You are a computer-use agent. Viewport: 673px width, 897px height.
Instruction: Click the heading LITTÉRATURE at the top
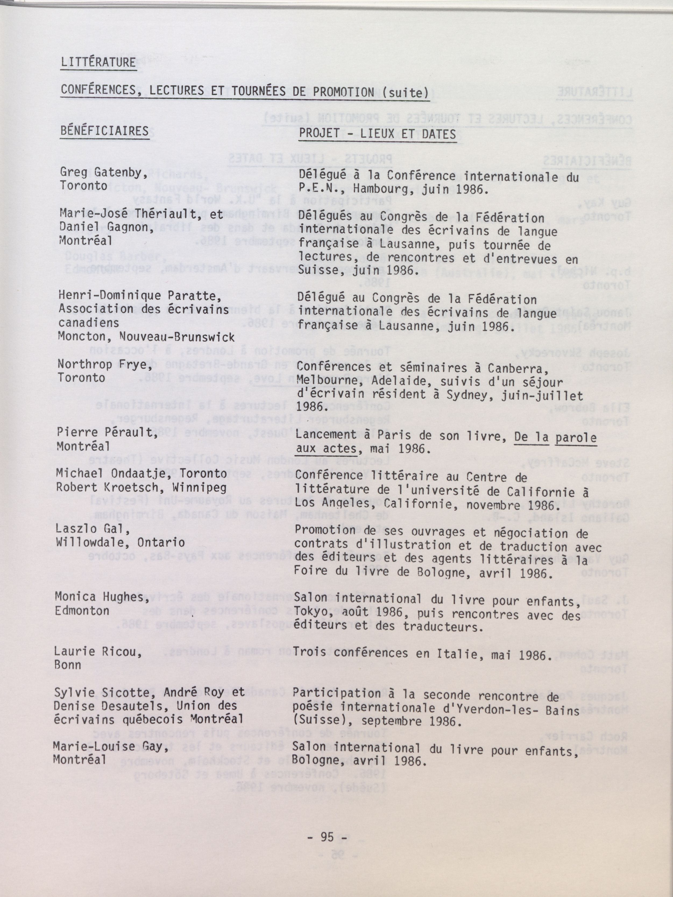point(98,62)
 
